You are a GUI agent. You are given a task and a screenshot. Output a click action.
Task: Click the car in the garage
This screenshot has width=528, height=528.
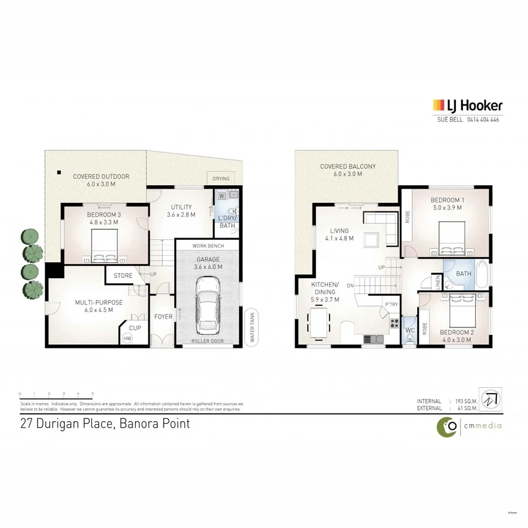point(208,303)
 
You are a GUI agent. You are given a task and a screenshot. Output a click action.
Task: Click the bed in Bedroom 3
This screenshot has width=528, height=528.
point(104,245)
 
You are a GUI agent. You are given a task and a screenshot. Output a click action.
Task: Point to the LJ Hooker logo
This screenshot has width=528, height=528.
point(467,106)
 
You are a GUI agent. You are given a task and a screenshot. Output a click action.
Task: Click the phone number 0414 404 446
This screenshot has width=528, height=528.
point(483,120)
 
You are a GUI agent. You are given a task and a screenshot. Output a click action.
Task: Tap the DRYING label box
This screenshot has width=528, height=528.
point(221,178)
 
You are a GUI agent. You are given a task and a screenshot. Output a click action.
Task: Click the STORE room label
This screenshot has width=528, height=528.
point(123,275)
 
